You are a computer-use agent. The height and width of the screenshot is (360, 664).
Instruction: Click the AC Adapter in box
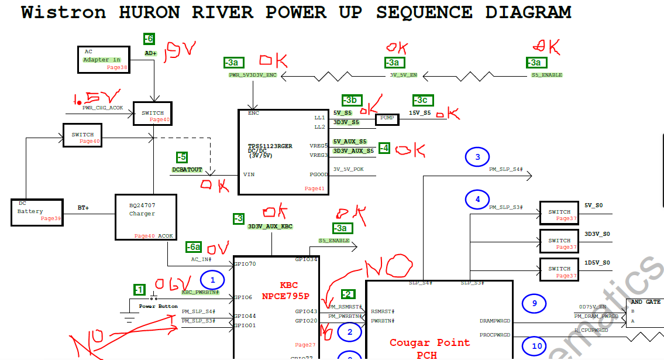point(103,59)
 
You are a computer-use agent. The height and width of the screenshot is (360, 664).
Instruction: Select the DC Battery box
point(36,211)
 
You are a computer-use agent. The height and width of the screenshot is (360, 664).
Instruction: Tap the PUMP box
point(387,118)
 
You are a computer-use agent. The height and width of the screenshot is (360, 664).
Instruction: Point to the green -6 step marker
point(149,39)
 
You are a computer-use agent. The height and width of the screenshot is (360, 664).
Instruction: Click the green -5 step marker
point(183,157)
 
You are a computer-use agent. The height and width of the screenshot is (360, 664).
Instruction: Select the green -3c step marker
point(424,100)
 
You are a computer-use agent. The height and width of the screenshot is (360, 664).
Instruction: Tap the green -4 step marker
point(384,148)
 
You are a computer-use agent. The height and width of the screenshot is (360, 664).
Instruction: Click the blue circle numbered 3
point(477,157)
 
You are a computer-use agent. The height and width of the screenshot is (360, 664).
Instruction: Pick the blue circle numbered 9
point(534,303)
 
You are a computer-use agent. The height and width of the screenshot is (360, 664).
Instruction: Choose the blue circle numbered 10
point(536,346)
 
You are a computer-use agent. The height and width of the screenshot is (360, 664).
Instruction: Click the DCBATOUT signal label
point(187,170)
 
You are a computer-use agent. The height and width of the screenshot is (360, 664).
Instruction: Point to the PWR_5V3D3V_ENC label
point(252,76)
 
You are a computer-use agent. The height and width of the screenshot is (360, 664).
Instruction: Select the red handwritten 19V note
point(180,54)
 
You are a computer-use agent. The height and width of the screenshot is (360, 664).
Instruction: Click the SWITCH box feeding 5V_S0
point(559,215)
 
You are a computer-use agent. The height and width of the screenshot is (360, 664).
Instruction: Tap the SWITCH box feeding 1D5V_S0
point(559,272)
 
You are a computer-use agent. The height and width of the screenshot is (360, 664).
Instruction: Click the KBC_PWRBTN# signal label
point(200,292)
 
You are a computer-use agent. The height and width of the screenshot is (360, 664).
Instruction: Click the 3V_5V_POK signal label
point(349,169)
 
